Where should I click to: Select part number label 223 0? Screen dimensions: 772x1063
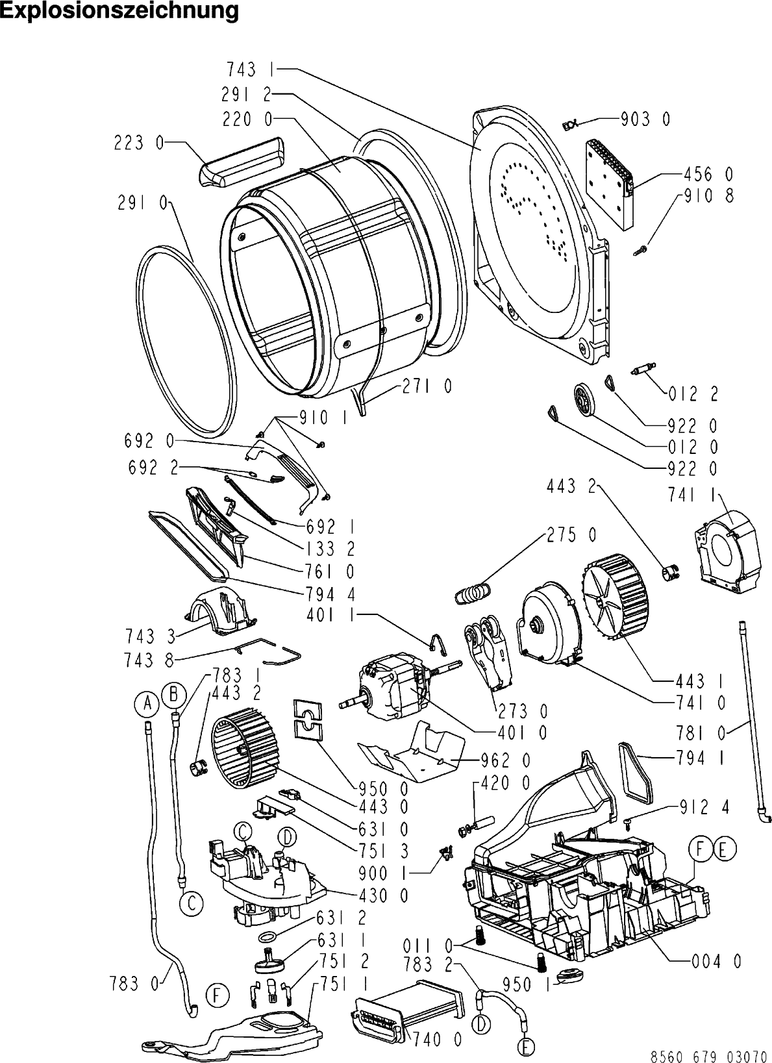point(138,143)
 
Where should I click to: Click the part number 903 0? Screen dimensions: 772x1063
point(646,119)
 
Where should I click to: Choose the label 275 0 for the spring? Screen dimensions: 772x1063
point(572,535)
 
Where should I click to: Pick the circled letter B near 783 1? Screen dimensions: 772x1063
point(173,695)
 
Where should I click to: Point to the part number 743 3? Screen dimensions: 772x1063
point(150,636)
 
